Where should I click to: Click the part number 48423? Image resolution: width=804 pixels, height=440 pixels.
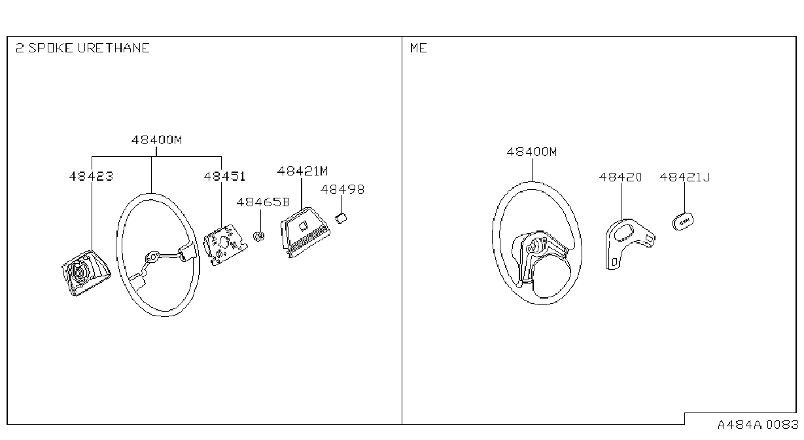coord(91,176)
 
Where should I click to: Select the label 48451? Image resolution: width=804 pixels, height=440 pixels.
coord(224,176)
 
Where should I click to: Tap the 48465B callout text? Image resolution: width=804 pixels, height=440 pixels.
coord(263,202)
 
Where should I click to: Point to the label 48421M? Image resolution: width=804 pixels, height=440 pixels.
coord(302,171)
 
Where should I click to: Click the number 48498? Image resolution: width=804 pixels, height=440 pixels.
coord(342,189)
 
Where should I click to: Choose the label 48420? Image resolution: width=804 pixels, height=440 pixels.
coord(621,177)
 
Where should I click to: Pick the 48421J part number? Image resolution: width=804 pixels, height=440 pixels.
coord(685,177)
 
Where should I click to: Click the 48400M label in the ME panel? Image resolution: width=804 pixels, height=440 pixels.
coord(532,152)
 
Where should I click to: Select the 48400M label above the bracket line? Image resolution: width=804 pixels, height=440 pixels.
coord(156,139)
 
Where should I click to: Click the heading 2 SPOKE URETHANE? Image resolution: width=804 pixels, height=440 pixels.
coord(82,48)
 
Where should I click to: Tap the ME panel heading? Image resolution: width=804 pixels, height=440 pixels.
coord(419,48)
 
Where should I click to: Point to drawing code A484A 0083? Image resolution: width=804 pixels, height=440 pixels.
coord(758,425)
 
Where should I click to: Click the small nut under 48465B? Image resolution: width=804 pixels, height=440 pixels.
coord(259,236)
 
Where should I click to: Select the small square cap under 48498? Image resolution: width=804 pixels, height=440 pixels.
coord(341,218)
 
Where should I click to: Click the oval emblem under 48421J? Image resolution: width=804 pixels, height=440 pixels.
coord(683,221)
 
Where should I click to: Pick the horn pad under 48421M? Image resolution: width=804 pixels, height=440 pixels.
coord(305,232)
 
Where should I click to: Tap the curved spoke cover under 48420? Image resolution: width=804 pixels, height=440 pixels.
coord(629,243)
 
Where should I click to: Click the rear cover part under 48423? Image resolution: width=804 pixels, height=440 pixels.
coord(86,273)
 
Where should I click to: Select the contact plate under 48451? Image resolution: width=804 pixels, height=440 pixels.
coord(225,245)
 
